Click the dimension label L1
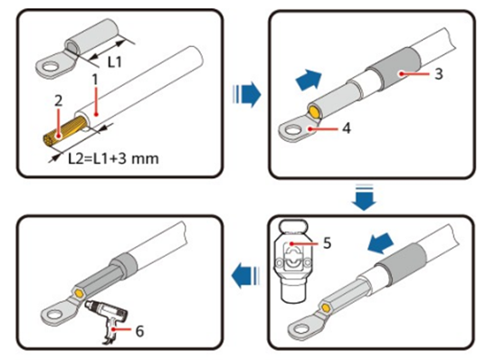click(115, 62)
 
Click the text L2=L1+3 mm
click(113, 158)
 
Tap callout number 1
click(95, 80)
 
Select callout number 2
click(59, 101)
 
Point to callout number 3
click(439, 74)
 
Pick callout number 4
click(347, 128)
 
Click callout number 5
click(327, 242)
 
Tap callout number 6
click(139, 331)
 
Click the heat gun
click(107, 318)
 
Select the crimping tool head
click(293, 261)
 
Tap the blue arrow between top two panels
click(246, 94)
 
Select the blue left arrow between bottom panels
click(245, 276)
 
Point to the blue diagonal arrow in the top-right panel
click(309, 80)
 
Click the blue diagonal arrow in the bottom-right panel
click(380, 243)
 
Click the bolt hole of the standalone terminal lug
click(50, 67)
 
